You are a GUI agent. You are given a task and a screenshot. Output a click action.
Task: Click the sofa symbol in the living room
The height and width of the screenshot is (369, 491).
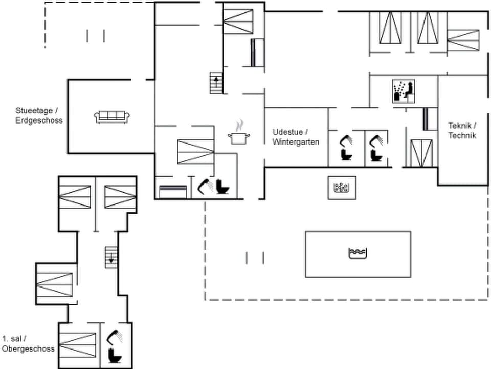111,117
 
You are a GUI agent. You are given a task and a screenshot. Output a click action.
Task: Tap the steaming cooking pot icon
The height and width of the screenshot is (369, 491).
239,134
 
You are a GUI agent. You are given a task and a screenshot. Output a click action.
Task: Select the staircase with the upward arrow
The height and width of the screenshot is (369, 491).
217,83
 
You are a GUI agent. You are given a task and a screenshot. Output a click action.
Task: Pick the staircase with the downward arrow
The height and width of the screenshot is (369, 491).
111,257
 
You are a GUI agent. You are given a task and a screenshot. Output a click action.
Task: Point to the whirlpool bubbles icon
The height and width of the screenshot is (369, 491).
341,188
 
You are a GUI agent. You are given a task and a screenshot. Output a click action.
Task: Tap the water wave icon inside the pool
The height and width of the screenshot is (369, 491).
358,253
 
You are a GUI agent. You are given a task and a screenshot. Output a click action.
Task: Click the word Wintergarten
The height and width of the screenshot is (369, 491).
296,141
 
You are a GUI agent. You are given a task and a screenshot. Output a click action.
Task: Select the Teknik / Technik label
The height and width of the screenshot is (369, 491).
462,131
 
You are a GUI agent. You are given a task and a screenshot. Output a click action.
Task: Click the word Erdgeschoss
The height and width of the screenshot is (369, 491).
39,120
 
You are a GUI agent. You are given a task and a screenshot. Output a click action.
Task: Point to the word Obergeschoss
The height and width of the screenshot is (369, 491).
28,348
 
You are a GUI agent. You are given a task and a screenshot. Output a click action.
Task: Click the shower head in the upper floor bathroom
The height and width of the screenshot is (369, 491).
114,337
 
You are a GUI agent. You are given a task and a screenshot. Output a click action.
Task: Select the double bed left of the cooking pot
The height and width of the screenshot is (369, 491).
195,151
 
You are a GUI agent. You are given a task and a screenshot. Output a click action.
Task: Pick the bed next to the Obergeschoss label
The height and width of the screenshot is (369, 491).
78,344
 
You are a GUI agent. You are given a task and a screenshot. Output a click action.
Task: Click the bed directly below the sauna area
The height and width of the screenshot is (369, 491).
421,153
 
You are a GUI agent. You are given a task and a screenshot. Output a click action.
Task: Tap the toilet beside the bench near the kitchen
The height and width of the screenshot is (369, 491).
224,187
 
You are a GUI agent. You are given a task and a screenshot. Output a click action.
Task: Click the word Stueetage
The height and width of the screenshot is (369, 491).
33,111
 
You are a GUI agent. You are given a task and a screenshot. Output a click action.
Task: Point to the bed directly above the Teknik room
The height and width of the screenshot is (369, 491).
463,40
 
